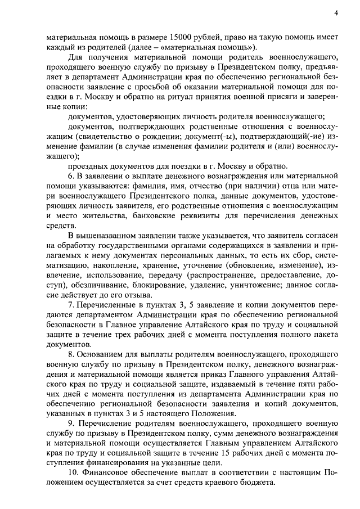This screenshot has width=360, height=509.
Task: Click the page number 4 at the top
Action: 335,12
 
